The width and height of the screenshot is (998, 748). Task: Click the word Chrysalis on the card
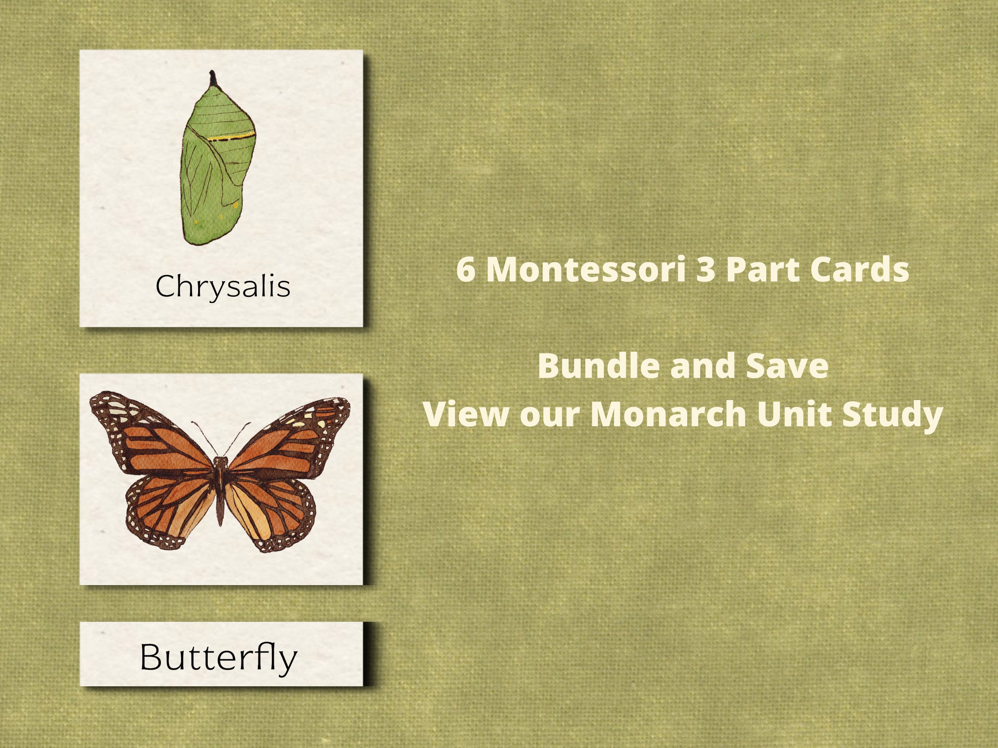(223, 286)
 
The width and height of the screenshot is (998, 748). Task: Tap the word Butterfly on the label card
(219, 658)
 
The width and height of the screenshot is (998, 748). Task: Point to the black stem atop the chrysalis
(213, 80)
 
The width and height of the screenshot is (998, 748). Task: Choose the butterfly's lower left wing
(167, 509)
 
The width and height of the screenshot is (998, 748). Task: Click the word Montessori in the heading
(585, 270)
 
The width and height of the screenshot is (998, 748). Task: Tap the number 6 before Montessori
(466, 270)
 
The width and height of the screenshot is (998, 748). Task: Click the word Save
(787, 366)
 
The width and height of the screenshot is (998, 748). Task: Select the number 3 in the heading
(706, 270)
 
